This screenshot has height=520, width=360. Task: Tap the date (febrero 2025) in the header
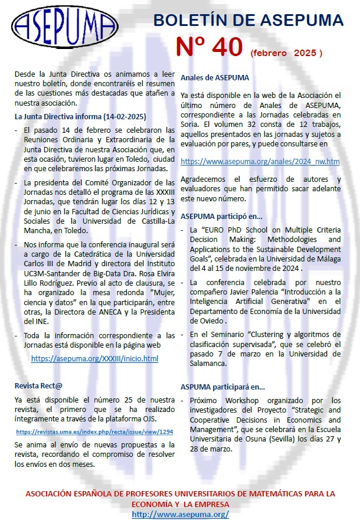[x=286, y=53]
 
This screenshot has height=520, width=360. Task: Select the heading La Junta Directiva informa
[x=80, y=116]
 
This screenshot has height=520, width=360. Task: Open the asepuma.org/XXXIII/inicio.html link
[x=94, y=358]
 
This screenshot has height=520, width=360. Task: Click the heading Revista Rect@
[x=38, y=386]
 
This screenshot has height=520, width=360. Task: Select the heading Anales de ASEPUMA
[x=215, y=77]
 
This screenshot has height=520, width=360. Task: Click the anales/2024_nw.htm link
[x=260, y=161]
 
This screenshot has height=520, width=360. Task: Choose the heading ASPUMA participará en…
[x=222, y=387]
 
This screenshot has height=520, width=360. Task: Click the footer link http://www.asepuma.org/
[x=180, y=515]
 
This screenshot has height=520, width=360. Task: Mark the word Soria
[x=191, y=123]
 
